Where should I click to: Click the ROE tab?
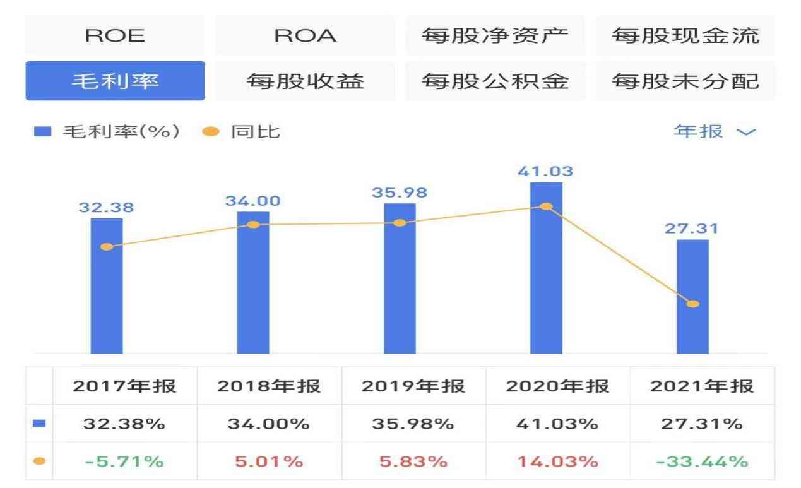[115, 36]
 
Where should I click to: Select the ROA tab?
[305, 36]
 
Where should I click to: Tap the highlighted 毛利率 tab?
[115, 81]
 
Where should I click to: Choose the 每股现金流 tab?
[685, 36]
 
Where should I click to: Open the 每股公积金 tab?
[495, 81]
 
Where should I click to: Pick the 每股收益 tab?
[305, 81]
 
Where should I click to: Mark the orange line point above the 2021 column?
[692, 304]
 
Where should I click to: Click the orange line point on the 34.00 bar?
[253, 225]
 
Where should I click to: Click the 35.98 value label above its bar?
[399, 193]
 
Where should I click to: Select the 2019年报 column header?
[413, 386]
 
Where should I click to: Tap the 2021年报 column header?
[702, 386]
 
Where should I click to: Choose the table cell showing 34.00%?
[269, 424]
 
